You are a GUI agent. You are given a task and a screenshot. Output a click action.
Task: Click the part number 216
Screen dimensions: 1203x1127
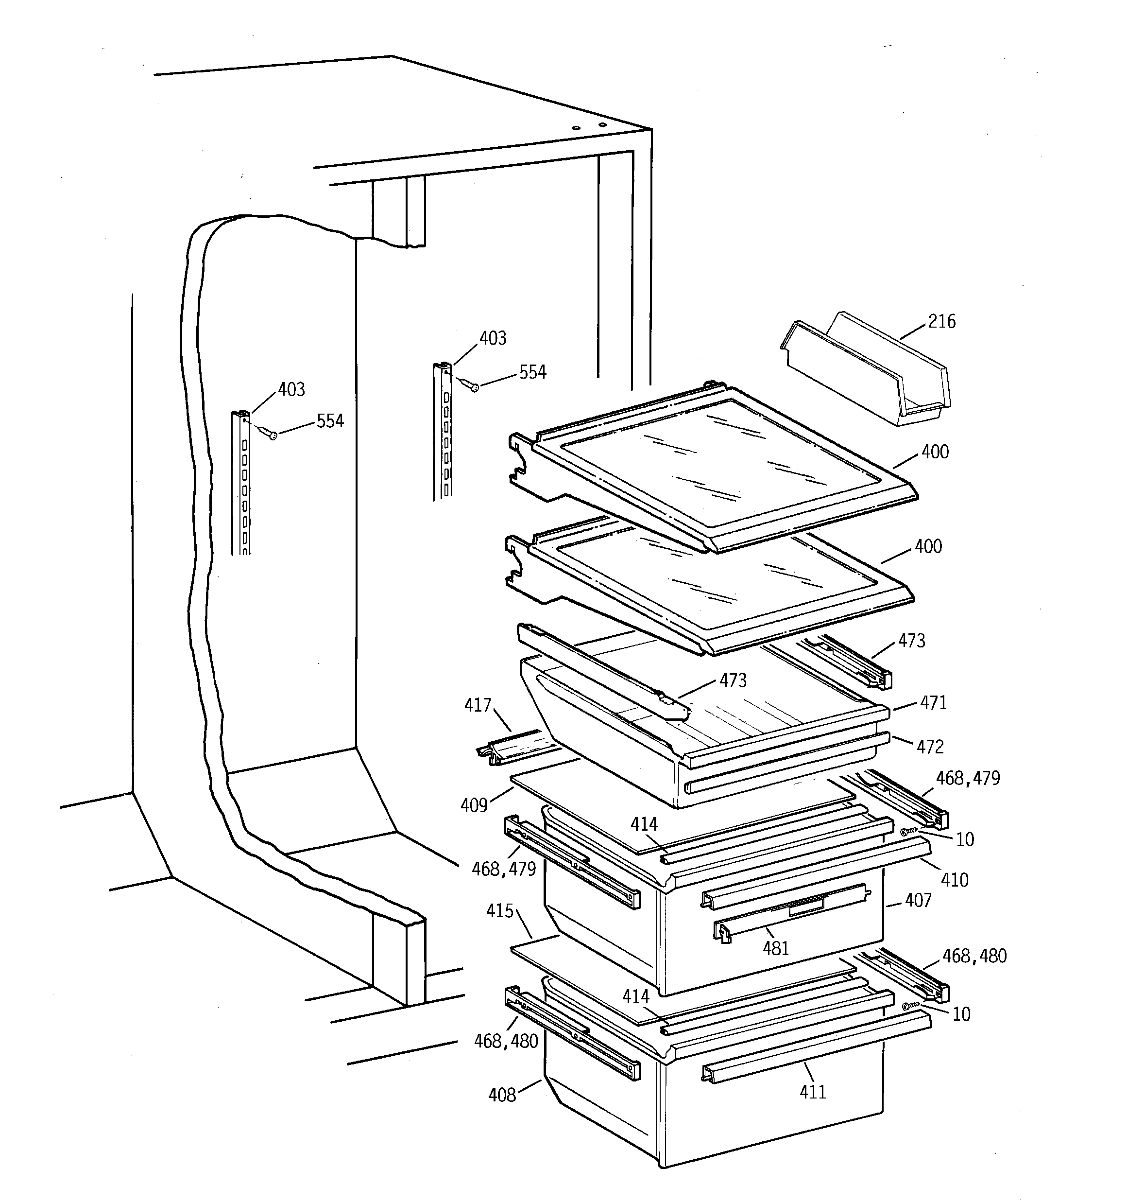pos(941,321)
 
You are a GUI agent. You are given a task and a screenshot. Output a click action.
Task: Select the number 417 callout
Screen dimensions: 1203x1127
pos(478,706)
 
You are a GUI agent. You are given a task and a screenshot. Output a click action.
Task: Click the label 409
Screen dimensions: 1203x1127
pos(474,805)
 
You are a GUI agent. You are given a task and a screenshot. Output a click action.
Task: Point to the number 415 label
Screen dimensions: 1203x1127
pos(500,911)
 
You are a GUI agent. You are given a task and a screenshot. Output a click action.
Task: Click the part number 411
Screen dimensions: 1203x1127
pos(812,1092)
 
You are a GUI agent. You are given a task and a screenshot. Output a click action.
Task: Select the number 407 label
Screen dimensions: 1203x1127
pos(918,901)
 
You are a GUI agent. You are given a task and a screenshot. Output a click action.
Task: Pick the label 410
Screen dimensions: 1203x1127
pos(954,880)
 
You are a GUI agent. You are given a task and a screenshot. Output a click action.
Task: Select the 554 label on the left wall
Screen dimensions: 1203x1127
pos(330,421)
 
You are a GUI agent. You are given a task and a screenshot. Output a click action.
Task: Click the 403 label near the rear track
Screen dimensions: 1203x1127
pos(493,338)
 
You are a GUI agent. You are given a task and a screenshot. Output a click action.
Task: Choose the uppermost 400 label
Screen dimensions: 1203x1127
pos(935,452)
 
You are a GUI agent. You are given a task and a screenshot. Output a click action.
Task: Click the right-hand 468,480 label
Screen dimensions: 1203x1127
pos(974,956)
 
